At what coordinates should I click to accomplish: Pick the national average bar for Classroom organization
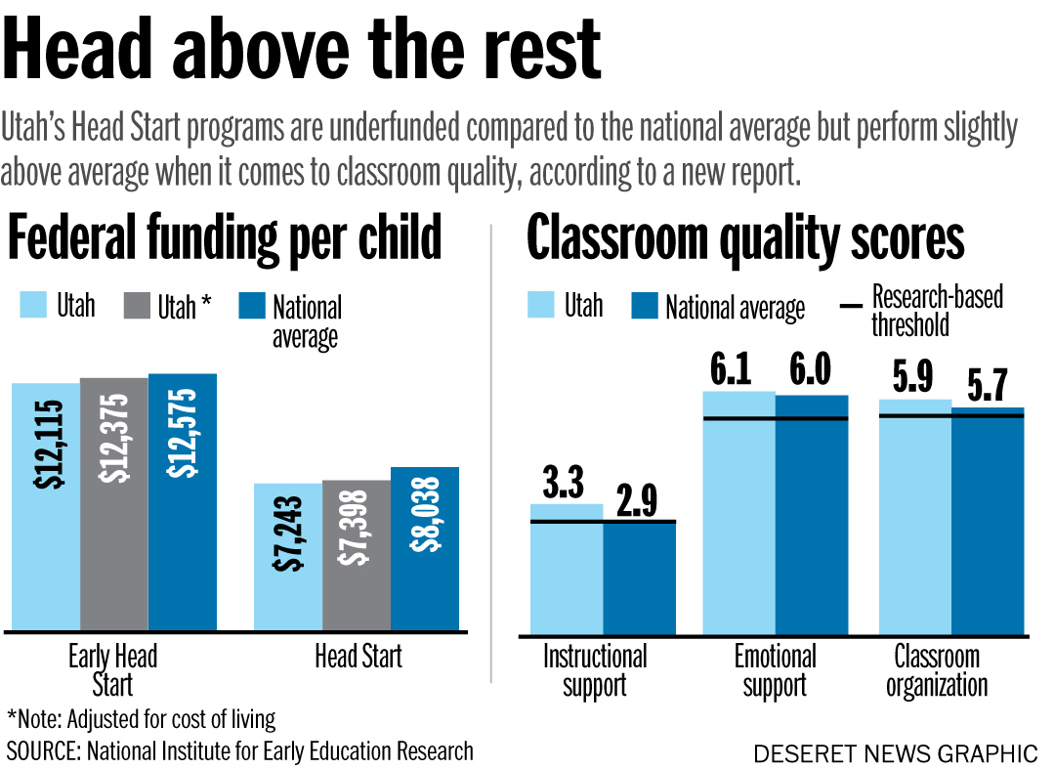(x=989, y=522)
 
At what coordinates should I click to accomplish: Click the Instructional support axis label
(x=595, y=670)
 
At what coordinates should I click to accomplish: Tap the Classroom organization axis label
(x=937, y=670)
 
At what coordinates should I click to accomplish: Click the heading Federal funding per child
(x=225, y=238)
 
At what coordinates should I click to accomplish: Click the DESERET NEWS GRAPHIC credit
(x=895, y=753)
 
